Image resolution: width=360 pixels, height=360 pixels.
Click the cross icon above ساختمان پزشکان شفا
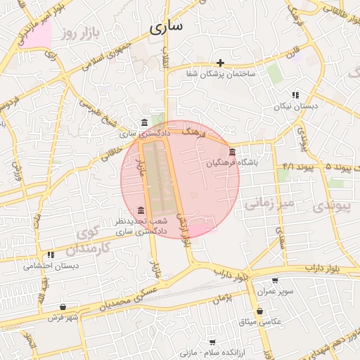tap(221, 63)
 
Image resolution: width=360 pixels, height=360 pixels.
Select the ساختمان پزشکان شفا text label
tap(221, 74)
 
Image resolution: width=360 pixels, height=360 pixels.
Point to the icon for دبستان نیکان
tap(296, 95)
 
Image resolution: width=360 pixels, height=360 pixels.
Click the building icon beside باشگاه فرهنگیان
tap(233, 152)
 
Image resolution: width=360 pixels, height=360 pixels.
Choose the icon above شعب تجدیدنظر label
tap(142, 210)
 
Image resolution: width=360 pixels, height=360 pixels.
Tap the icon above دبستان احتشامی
tap(51, 255)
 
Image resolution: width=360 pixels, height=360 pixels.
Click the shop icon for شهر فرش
tap(64, 307)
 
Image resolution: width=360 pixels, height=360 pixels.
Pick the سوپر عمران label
tap(274, 290)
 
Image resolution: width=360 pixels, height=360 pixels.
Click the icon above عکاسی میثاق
tap(260, 311)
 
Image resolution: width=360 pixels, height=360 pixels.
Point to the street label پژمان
tap(223, 298)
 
